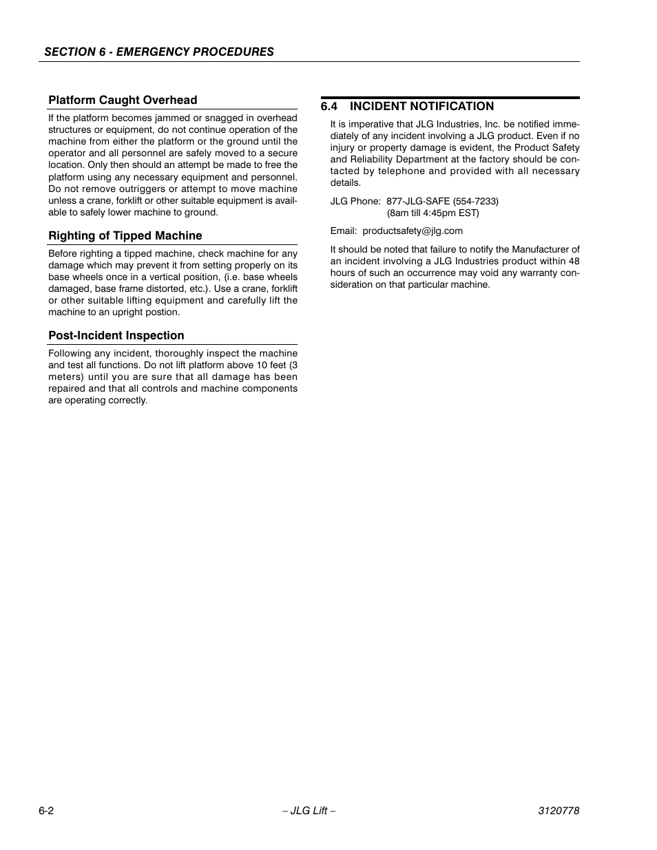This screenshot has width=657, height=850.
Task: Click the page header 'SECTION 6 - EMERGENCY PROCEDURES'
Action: click(159, 52)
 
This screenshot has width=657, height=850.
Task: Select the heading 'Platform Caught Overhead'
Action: click(123, 100)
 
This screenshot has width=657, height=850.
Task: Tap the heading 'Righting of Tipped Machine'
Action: click(125, 236)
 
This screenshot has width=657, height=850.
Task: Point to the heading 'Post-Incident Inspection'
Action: click(116, 336)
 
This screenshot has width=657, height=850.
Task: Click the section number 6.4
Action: click(329, 107)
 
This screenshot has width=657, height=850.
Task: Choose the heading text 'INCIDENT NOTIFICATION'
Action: click(421, 107)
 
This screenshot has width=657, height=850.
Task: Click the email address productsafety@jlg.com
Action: click(413, 231)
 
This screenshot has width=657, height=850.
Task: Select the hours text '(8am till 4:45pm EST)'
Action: click(432, 213)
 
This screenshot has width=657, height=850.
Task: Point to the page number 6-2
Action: click(47, 811)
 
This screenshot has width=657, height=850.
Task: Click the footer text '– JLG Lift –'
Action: click(309, 811)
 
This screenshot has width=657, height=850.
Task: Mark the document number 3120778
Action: click(559, 811)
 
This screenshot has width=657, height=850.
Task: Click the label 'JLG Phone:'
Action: click(355, 202)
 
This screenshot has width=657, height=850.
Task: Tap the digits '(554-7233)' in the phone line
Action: click(476, 202)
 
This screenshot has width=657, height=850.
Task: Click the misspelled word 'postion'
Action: click(163, 312)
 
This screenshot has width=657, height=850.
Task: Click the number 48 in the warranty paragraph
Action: click(574, 262)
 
